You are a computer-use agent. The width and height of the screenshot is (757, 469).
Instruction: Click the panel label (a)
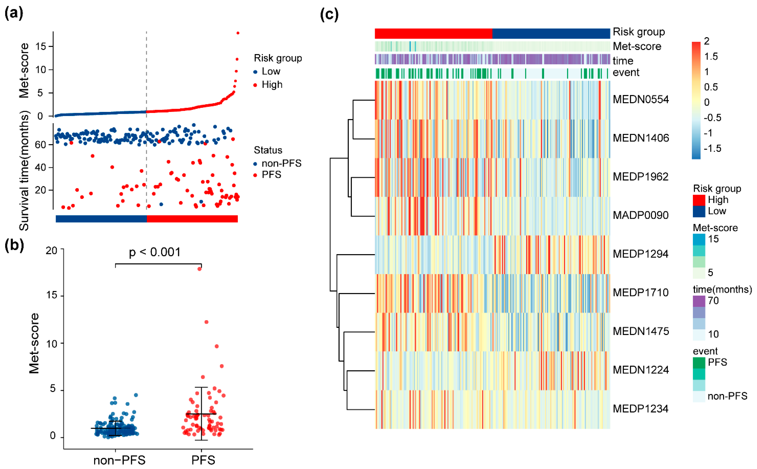14,14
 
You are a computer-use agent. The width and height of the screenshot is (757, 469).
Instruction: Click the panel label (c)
329,15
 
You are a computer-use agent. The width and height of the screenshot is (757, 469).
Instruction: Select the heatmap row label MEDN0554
641,100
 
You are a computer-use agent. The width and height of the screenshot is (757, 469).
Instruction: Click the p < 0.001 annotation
155,252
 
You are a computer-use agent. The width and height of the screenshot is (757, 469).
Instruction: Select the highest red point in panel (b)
200,269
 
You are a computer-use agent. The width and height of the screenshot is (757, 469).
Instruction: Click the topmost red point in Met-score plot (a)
238,33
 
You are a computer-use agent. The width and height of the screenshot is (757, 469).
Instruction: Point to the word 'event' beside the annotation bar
626,73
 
